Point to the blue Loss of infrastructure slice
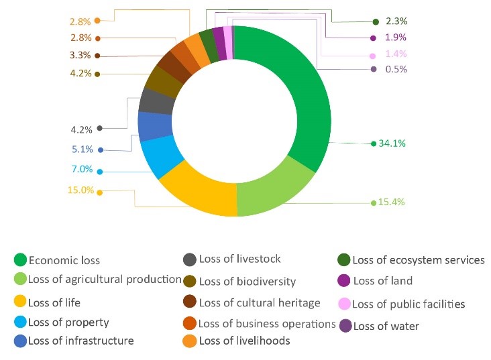point(151,125)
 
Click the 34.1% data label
point(392,143)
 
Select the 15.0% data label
point(80,190)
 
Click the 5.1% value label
point(83,149)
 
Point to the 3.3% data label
point(80,55)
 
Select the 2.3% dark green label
point(396,21)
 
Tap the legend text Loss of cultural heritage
point(260,303)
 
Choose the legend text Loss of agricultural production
point(105,280)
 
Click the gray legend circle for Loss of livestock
point(190,259)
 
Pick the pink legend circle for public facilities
point(344,304)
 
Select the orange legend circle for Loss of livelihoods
point(190,341)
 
